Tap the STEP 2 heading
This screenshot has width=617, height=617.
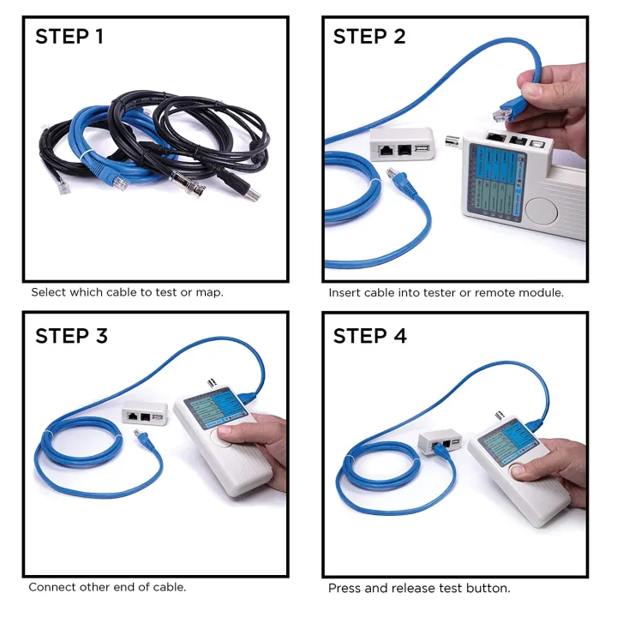(369, 37)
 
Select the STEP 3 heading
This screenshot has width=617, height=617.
(72, 336)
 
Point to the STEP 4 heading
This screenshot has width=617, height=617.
(369, 336)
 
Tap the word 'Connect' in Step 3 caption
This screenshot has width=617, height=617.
(51, 587)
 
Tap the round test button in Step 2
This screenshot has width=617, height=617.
(543, 209)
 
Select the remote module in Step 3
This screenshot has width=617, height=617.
(143, 416)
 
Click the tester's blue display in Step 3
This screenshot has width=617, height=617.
(214, 408)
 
